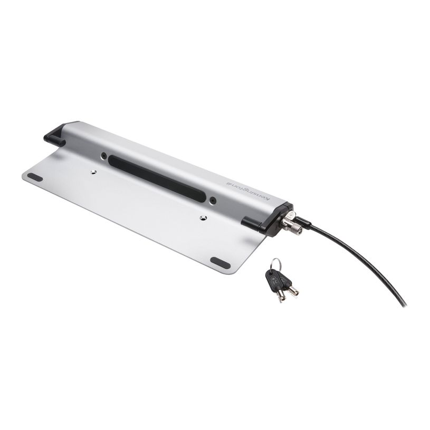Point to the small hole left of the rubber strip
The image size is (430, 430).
(x=104, y=156)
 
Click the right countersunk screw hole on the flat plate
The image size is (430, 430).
(x=203, y=217)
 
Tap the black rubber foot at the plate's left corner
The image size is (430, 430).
(x=35, y=177)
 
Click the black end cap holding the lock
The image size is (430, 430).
(x=274, y=216)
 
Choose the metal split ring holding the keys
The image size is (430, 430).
(x=276, y=262)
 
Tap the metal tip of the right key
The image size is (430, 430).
(x=293, y=291)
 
